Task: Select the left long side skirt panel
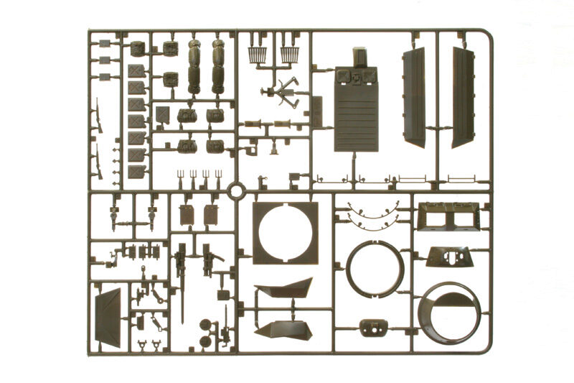pyautogui.click(x=415, y=97)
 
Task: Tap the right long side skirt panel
pyautogui.click(x=463, y=97)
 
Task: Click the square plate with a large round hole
pyautogui.click(x=285, y=232)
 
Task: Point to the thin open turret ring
pyautogui.click(x=375, y=267)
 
